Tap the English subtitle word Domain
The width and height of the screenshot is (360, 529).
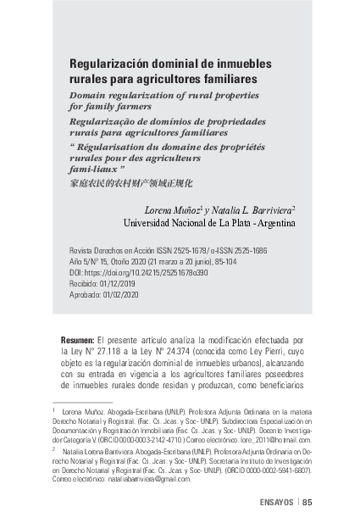coord(88,95)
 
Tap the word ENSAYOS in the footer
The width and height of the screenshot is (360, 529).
coord(275,502)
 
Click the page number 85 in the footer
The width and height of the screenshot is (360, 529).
coord(307,502)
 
